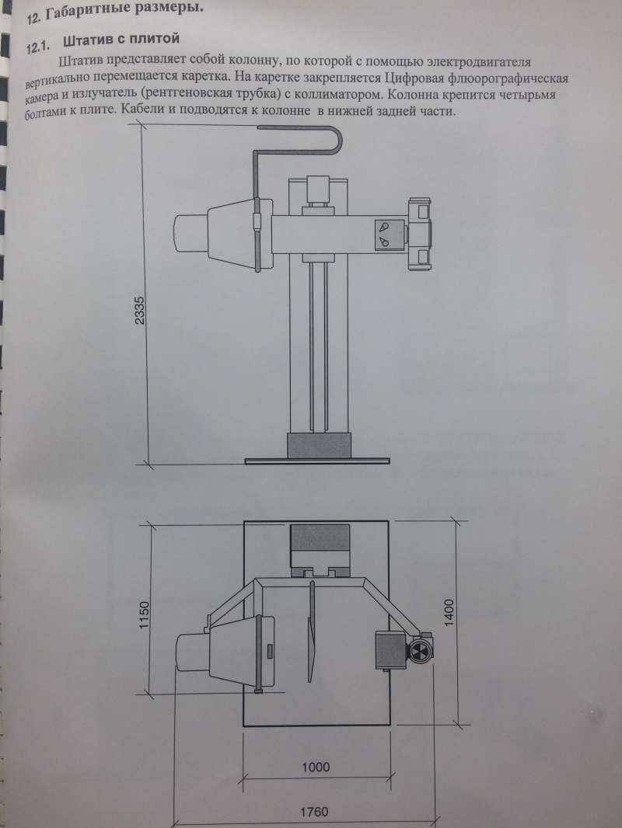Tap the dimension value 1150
(x=145, y=614)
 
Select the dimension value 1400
(x=449, y=613)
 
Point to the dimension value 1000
(x=316, y=767)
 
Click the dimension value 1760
(x=314, y=812)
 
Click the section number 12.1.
(x=37, y=47)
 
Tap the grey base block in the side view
(x=320, y=445)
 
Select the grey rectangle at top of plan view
(x=320, y=538)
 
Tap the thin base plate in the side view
(x=317, y=461)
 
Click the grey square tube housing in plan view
(x=390, y=650)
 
